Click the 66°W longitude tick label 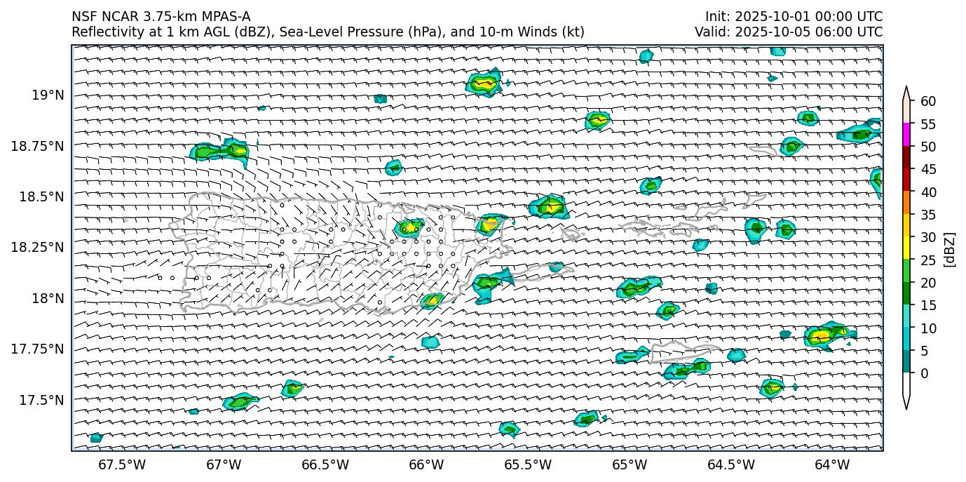coord(426,464)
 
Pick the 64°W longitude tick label coord(832,464)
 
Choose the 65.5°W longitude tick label coord(528,464)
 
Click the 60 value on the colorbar coord(928,102)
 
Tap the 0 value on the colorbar coord(924,373)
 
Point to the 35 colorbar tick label coord(928,215)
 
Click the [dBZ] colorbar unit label coord(950,249)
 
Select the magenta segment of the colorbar coord(906,135)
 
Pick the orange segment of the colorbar coord(906,203)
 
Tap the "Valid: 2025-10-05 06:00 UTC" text coord(789,32)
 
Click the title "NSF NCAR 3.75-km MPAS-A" coord(161,17)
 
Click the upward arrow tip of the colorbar coord(906,88)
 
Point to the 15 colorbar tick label coord(928,305)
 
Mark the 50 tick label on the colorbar coord(928,147)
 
